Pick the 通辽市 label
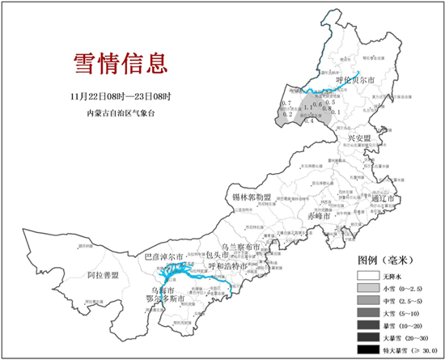(x=382, y=198)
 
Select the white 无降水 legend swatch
(x=368, y=275)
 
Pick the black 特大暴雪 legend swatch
(x=368, y=349)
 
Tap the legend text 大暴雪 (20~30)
(x=409, y=337)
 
